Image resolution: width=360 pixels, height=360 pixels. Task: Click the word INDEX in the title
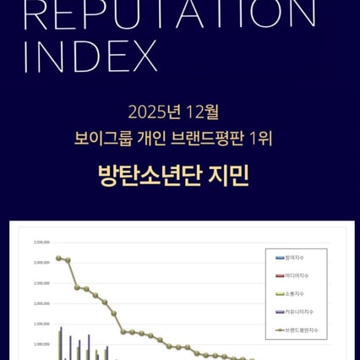[x=91, y=56]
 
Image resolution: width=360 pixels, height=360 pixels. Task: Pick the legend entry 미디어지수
[x=297, y=275]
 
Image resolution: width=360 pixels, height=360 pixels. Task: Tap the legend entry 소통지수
[x=296, y=294]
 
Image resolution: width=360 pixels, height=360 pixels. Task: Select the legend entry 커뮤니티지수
[x=299, y=312]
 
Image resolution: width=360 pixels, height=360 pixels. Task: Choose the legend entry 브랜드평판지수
[x=301, y=330]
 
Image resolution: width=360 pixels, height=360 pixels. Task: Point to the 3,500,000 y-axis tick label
[x=41, y=242]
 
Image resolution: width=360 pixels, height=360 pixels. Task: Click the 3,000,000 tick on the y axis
[x=41, y=262]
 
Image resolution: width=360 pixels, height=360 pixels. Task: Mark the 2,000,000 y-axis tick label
[x=41, y=303]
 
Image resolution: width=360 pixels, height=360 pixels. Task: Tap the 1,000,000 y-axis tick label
[x=41, y=344]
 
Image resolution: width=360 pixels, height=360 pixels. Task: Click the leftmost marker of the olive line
[x=57, y=258]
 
